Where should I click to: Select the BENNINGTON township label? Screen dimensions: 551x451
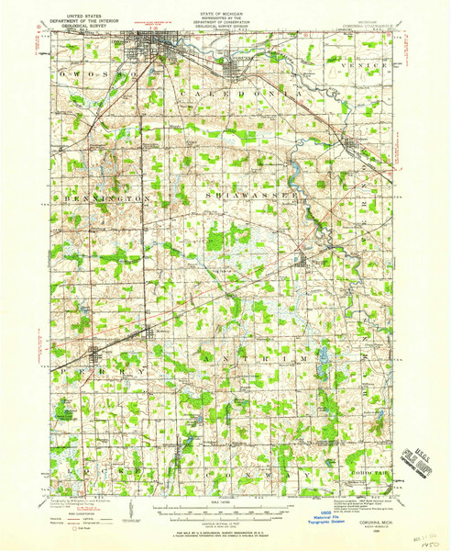pos(102,197)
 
